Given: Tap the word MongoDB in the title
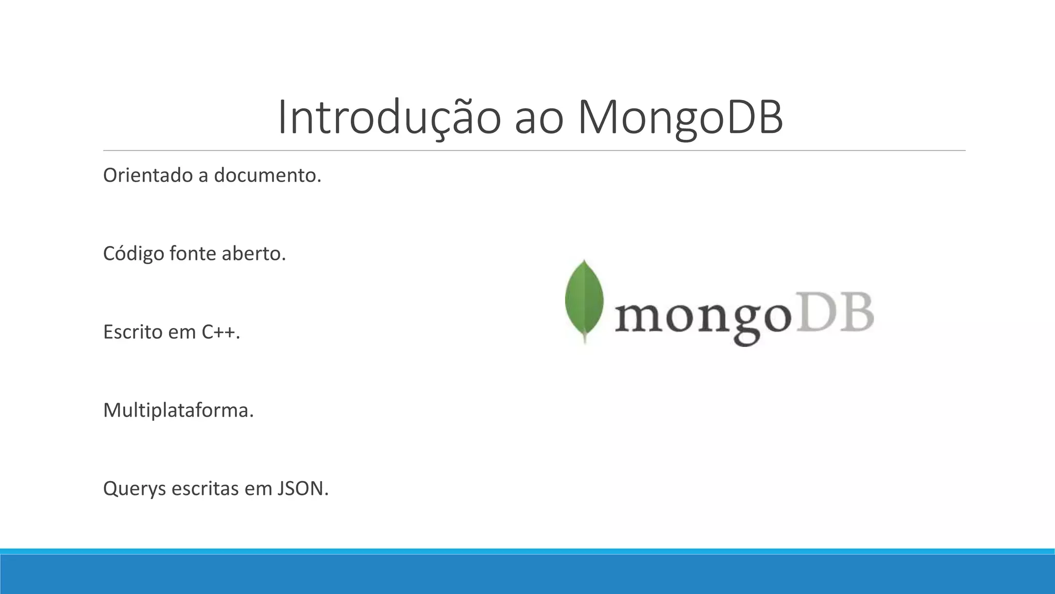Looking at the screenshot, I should pyautogui.click(x=680, y=118).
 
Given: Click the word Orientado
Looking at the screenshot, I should pyautogui.click(x=147, y=176).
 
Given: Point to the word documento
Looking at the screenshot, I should pyautogui.click(x=267, y=176).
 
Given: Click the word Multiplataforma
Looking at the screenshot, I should pyautogui.click(x=178, y=410).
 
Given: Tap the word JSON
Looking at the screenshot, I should pyautogui.click(x=302, y=489).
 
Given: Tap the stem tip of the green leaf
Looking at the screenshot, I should pyautogui.click(x=585, y=340).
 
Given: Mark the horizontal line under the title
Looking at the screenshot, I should pyautogui.click(x=534, y=151).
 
